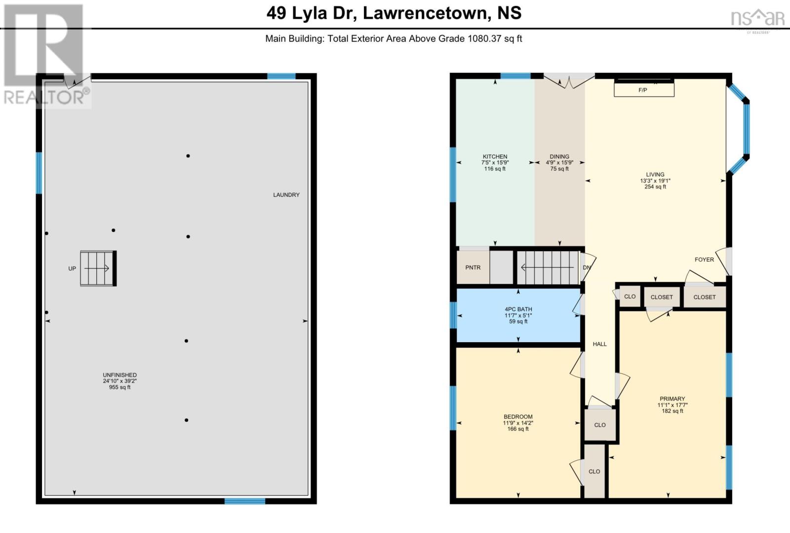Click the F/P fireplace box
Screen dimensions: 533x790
[x=644, y=89]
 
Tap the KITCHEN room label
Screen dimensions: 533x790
[x=495, y=156]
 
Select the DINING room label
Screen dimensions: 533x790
[x=559, y=156]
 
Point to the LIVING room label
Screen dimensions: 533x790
[x=655, y=175]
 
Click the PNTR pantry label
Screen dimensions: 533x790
[x=473, y=267]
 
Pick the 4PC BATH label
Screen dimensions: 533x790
[x=518, y=309]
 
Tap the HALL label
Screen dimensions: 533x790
[x=599, y=344]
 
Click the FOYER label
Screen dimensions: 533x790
[x=704, y=260]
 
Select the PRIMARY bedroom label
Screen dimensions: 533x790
[x=672, y=399]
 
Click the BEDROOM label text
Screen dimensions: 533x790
[x=518, y=417]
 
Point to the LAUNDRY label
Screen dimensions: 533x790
[x=286, y=195]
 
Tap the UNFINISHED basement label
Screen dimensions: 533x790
[x=119, y=375]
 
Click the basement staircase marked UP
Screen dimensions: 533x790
[x=98, y=268]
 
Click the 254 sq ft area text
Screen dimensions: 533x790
[x=655, y=187]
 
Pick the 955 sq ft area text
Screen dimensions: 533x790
[x=119, y=388]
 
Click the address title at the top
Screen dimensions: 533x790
[x=394, y=13]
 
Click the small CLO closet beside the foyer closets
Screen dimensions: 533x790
[x=630, y=297]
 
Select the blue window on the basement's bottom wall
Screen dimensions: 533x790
[x=245, y=501]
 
